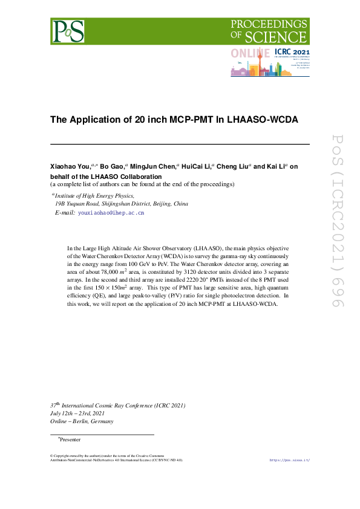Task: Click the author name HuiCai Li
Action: (196, 166)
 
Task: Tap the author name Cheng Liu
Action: (232, 166)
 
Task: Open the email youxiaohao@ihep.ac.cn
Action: (111, 213)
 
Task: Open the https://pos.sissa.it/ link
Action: (289, 461)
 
